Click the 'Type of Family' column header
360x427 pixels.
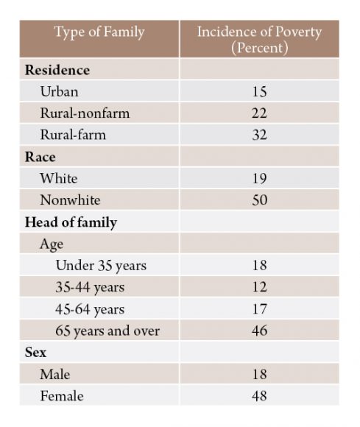click(x=99, y=32)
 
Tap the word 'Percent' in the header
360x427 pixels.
click(x=260, y=48)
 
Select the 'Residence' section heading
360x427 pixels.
click(x=57, y=70)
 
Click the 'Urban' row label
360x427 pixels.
click(x=59, y=91)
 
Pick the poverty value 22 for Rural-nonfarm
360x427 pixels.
click(x=259, y=113)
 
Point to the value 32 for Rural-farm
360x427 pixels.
click(x=259, y=135)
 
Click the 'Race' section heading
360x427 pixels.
click(x=40, y=157)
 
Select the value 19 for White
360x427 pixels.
click(x=259, y=178)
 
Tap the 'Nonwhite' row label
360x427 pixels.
click(x=70, y=200)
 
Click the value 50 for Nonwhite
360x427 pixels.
click(x=259, y=200)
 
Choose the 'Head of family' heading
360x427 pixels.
click(x=71, y=222)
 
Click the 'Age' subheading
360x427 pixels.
click(x=52, y=244)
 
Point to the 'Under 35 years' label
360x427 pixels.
click(x=101, y=266)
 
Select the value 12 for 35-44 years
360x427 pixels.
click(x=259, y=287)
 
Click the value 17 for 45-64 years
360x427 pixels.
click(x=259, y=308)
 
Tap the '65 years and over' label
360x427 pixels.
click(x=107, y=331)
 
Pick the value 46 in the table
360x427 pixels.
click(x=259, y=331)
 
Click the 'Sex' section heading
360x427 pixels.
click(x=35, y=352)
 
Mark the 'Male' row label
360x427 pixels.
click(x=55, y=374)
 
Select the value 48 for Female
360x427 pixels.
click(x=259, y=395)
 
